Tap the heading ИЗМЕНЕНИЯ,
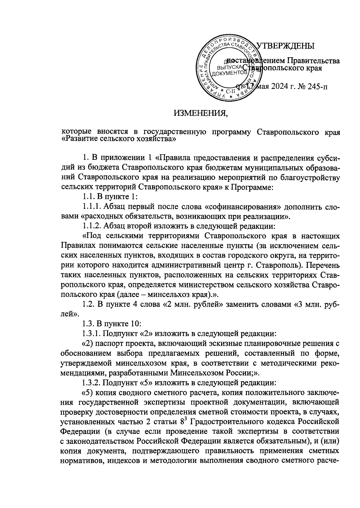[201, 113]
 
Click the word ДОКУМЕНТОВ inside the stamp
[229, 73]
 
